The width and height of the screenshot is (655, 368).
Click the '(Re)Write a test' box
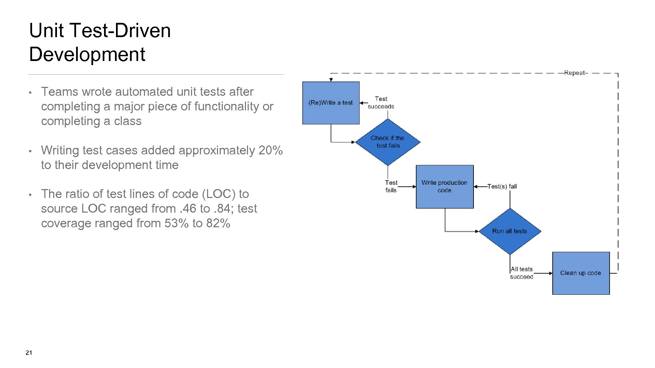pyautogui.click(x=331, y=103)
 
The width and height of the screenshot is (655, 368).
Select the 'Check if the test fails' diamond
pyautogui.click(x=388, y=142)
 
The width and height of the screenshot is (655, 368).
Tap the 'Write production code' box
pyautogui.click(x=445, y=186)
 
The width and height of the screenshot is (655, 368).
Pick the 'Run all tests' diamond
pyautogui.click(x=510, y=231)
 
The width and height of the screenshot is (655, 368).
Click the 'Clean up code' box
pyautogui.click(x=581, y=273)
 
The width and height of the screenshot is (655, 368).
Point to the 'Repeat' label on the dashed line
pyautogui.click(x=574, y=73)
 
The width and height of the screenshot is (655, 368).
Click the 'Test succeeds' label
pyautogui.click(x=381, y=103)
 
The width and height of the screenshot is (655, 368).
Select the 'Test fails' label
pyautogui.click(x=391, y=186)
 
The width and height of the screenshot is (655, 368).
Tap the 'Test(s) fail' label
pyautogui.click(x=502, y=186)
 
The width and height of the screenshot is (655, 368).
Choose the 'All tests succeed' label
pyautogui.click(x=522, y=273)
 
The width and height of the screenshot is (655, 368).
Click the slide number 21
pyautogui.click(x=29, y=353)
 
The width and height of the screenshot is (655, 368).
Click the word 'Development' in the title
pyautogui.click(x=87, y=54)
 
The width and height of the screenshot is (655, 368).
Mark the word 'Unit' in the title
pyautogui.click(x=46, y=30)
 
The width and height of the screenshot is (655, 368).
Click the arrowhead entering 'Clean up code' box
pyautogui.click(x=550, y=273)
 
